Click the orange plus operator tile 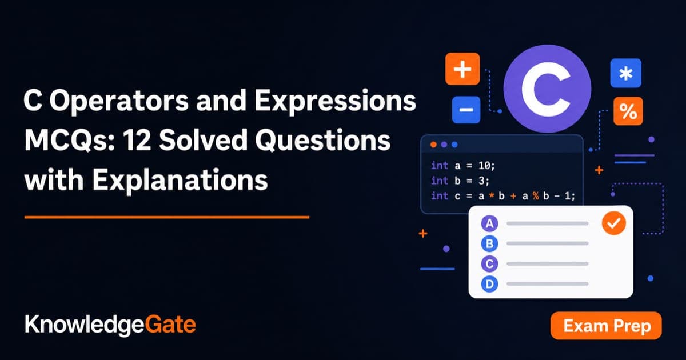click(x=462, y=69)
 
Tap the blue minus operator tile click(x=466, y=110)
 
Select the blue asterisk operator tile click(x=625, y=73)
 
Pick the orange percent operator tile click(x=628, y=111)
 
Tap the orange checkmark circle click(x=614, y=223)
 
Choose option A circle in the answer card click(x=489, y=223)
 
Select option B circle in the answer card click(x=489, y=243)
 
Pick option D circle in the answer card click(x=489, y=284)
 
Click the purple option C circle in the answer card click(x=489, y=264)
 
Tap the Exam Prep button click(x=606, y=326)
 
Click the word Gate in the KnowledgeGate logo click(x=170, y=325)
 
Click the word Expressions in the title click(x=335, y=101)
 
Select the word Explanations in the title click(x=180, y=181)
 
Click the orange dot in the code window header click(x=433, y=145)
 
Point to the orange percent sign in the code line click(x=536, y=196)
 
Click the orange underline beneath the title click(x=167, y=217)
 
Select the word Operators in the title click(x=119, y=101)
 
